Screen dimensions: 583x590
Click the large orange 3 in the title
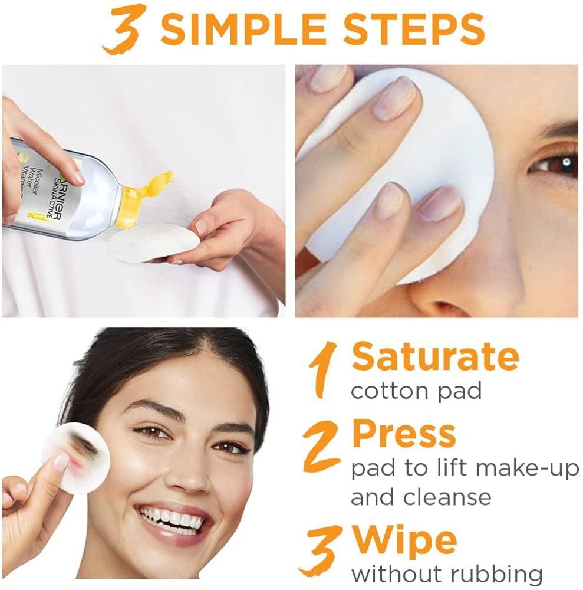click(x=124, y=28)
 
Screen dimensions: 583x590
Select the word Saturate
click(x=435, y=356)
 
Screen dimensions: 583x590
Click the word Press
click(x=404, y=433)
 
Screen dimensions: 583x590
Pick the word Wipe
click(x=404, y=541)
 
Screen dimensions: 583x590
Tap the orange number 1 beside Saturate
click(x=322, y=369)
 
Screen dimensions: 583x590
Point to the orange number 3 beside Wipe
click(x=319, y=550)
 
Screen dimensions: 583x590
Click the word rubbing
click(x=496, y=575)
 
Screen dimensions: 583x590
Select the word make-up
click(x=528, y=469)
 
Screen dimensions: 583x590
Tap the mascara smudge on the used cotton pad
click(x=82, y=444)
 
